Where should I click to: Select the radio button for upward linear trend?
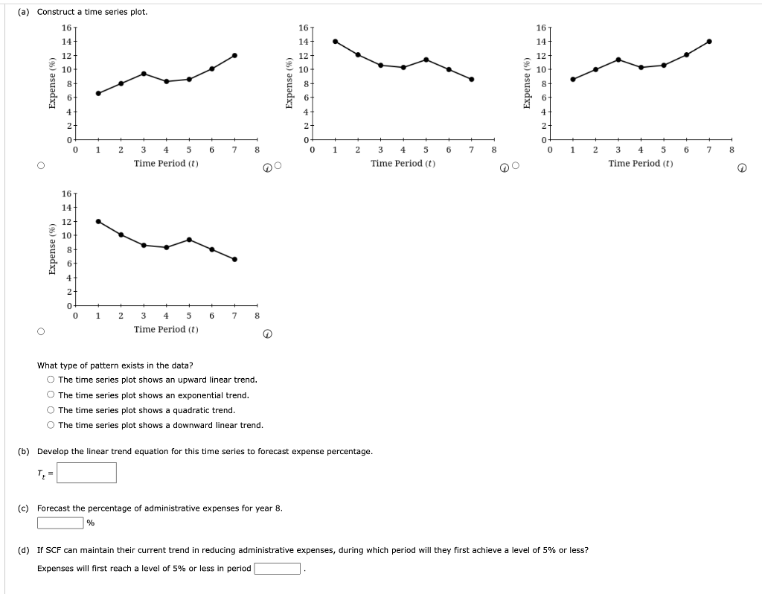pyautogui.click(x=51, y=380)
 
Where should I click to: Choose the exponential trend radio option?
pyautogui.click(x=51, y=395)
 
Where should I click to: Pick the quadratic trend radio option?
pyautogui.click(x=51, y=410)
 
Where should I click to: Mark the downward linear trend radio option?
pyautogui.click(x=51, y=425)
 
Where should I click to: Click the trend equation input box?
pyautogui.click(x=86, y=473)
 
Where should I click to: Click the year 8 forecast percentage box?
pyautogui.click(x=60, y=523)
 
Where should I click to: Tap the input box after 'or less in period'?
pyautogui.click(x=278, y=569)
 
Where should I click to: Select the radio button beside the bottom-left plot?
pyautogui.click(x=41, y=331)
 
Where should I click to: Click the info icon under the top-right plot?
pyautogui.click(x=741, y=168)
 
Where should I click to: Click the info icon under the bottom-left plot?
pyautogui.click(x=267, y=334)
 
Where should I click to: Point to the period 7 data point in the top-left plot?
pyautogui.click(x=234, y=55)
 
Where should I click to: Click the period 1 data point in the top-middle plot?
pyautogui.click(x=335, y=41)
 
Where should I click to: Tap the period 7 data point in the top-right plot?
pyautogui.click(x=709, y=41)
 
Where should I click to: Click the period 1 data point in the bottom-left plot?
pyautogui.click(x=98, y=221)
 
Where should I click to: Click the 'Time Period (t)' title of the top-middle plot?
pyautogui.click(x=403, y=163)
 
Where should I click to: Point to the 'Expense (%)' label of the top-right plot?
pyautogui.click(x=528, y=83)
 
